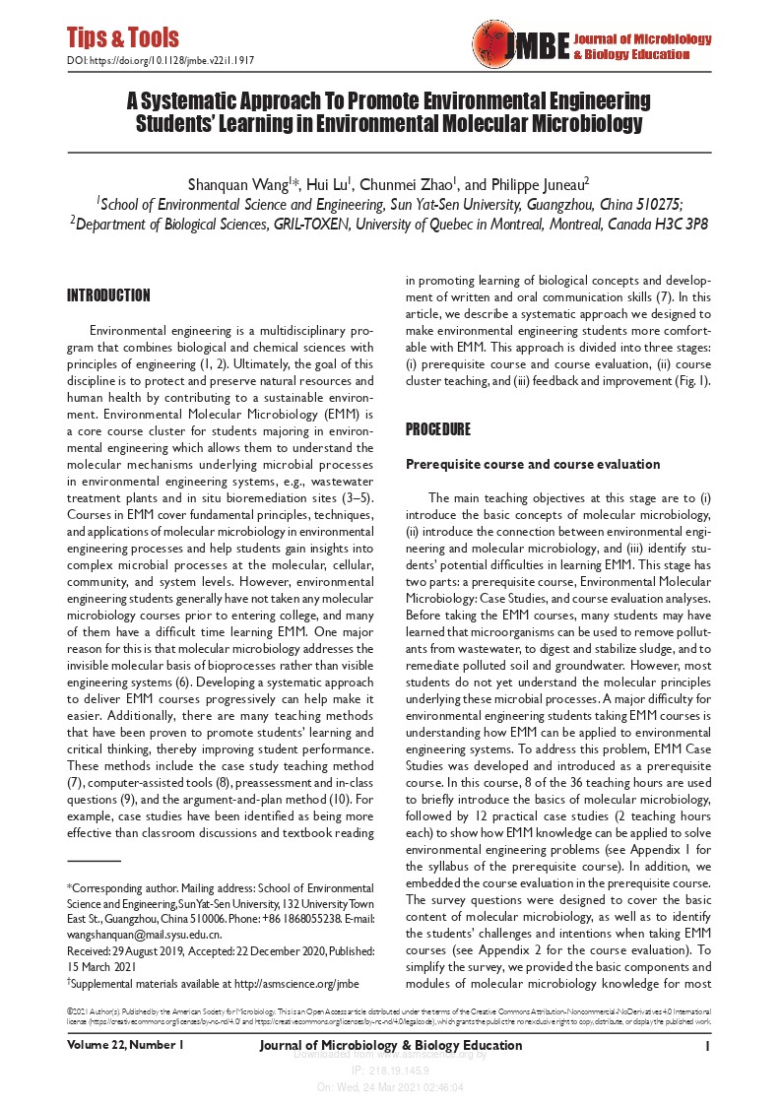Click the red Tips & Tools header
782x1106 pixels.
point(123,38)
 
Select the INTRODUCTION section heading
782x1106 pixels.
point(108,295)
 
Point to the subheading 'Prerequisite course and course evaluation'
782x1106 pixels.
point(533,464)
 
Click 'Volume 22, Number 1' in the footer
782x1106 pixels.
point(125,1045)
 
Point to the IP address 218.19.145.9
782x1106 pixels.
point(391,1073)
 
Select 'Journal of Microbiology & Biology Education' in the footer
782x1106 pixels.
point(391,1045)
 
